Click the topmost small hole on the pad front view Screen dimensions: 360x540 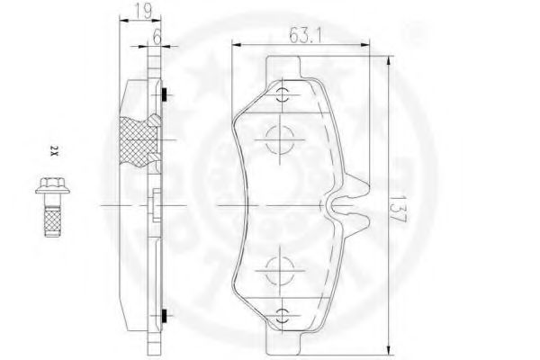tap(283, 96)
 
